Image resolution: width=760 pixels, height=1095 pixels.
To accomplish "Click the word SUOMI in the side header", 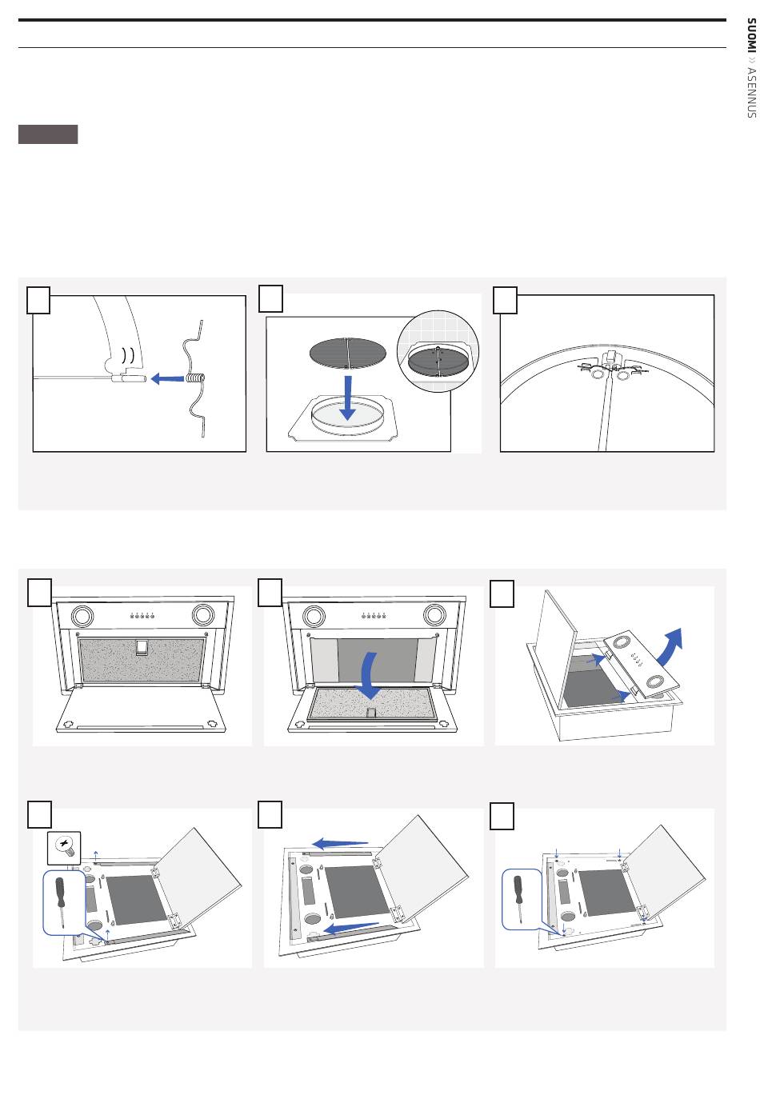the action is click(750, 34).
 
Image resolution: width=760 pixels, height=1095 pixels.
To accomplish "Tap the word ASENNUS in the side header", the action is click(750, 93).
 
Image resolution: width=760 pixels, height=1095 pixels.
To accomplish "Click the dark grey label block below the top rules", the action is click(48, 134).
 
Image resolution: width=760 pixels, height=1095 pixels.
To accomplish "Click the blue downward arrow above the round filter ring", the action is click(347, 398).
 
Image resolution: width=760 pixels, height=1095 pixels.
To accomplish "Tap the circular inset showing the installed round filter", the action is click(438, 350).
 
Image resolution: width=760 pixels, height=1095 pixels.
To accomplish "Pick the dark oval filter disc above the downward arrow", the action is click(348, 353).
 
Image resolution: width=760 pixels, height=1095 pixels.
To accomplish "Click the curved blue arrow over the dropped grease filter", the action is click(370, 675).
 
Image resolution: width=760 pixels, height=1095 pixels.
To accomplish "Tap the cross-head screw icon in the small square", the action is click(63, 848).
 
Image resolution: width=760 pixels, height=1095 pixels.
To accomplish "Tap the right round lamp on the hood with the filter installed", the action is click(202, 615).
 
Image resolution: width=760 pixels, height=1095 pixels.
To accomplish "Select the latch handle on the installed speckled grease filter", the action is click(142, 647).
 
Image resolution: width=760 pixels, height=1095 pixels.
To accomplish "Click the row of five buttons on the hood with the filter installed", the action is click(142, 615).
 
